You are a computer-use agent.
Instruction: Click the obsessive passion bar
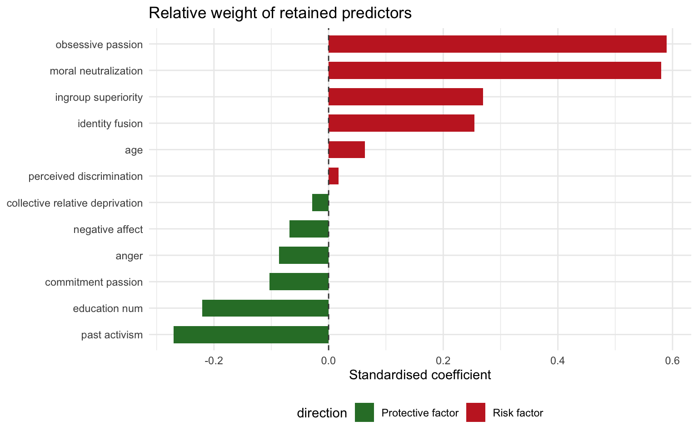[497, 44]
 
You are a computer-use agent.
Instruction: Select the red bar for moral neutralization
[494, 71]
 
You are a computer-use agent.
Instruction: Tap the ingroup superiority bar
[405, 97]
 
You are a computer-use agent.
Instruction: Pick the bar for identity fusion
[401, 123]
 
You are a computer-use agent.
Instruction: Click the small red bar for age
[346, 149]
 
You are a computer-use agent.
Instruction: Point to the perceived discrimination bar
[334, 176]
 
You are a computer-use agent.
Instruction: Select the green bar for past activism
[251, 335]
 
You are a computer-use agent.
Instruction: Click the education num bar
[265, 308]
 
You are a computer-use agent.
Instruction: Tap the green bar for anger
[304, 255]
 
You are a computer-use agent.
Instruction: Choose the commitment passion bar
[299, 282]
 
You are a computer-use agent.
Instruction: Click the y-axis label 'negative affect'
[108, 229]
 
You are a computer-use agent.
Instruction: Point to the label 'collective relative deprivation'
[75, 203]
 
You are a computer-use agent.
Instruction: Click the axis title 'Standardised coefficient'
[420, 375]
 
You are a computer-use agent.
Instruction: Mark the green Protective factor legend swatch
[364, 412]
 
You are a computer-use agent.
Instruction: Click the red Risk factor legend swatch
[476, 412]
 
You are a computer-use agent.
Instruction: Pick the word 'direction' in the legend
[322, 413]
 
